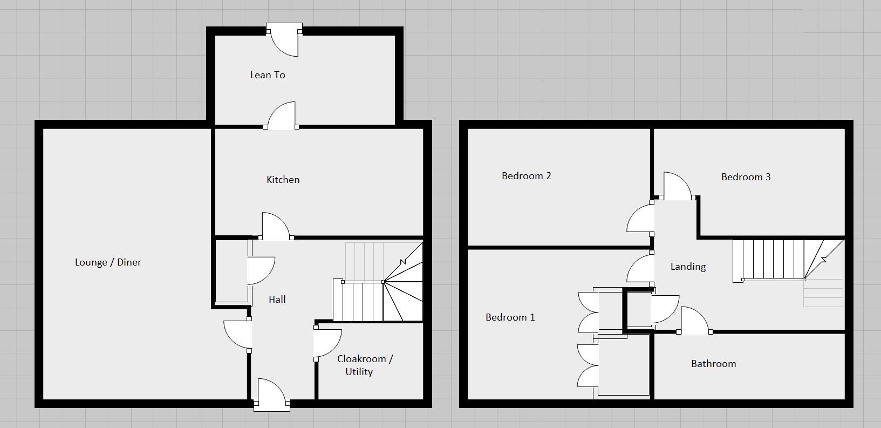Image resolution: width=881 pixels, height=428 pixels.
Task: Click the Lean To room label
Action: (268, 75)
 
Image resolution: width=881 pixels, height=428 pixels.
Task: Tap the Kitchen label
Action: (283, 180)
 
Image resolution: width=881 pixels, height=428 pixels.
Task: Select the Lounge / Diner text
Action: (108, 262)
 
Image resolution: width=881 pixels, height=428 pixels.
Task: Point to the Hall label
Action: (277, 300)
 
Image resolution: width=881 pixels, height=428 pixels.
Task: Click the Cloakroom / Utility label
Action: (365, 365)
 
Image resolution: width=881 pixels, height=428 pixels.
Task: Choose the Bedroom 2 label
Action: (526, 176)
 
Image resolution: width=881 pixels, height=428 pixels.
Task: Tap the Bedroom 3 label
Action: (746, 177)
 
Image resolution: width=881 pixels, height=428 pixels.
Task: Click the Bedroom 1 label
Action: (510, 317)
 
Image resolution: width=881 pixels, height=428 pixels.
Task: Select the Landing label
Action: (688, 267)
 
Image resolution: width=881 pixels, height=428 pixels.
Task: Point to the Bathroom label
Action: (713, 364)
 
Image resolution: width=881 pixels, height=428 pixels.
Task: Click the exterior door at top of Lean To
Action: (284, 40)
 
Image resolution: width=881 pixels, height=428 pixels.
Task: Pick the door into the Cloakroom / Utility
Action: (326, 343)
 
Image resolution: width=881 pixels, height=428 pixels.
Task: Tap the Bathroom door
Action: (694, 321)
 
